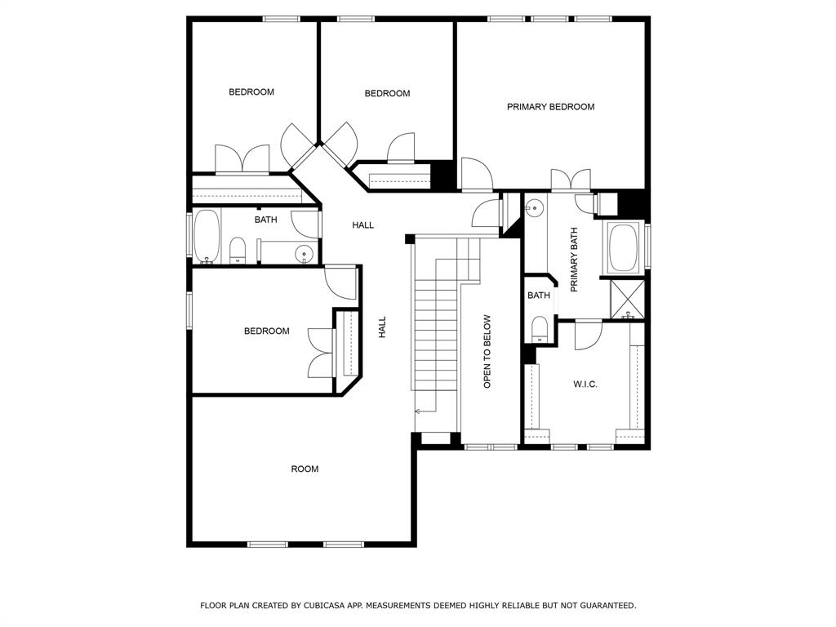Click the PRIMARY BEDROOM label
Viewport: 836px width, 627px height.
(x=550, y=107)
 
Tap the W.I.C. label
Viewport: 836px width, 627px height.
(x=585, y=384)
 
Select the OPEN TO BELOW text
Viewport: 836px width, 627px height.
(x=487, y=351)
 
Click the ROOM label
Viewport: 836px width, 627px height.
(x=305, y=469)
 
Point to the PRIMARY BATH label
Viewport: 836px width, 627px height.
(x=574, y=260)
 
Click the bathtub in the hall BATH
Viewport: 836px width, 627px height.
(x=207, y=236)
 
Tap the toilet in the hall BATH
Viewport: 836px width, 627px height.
(x=238, y=251)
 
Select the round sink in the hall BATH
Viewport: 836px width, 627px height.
(x=304, y=253)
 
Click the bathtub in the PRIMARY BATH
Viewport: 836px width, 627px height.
(x=623, y=247)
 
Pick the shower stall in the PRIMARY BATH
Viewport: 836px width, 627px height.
(x=627, y=299)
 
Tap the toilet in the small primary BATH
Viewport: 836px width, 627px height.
(x=540, y=329)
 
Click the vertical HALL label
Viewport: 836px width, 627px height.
(x=382, y=327)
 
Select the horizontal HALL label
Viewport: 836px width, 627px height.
(x=362, y=225)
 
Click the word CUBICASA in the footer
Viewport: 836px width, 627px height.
(x=323, y=605)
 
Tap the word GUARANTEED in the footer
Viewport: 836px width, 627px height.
(x=607, y=605)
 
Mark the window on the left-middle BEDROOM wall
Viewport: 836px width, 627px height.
(x=189, y=309)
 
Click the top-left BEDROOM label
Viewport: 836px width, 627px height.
(x=251, y=92)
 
